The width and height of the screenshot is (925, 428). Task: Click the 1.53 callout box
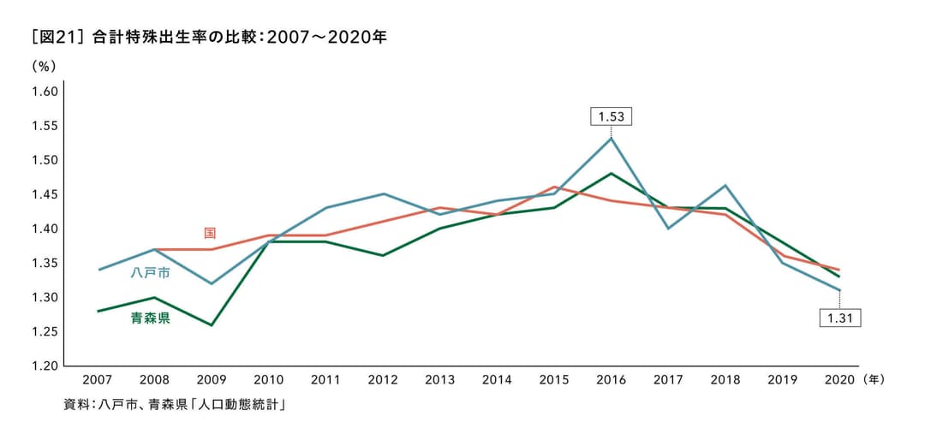pos(611,116)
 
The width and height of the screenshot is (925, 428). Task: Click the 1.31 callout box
pos(838,318)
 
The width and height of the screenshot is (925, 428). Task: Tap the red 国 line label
pos(210,233)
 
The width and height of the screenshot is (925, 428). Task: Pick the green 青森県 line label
pos(150,318)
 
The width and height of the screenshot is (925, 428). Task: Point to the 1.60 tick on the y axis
pos(44,92)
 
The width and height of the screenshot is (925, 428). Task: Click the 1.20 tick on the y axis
pos(44,366)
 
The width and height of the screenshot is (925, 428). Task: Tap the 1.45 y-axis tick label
pos(44,194)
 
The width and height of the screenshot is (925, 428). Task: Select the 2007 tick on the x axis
pos(98,379)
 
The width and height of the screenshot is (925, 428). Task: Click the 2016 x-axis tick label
pos(611,379)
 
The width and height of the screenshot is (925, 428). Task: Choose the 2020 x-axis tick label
pos(838,379)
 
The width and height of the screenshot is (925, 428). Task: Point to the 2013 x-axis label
pos(440,379)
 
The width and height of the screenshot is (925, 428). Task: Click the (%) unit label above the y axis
pos(43,66)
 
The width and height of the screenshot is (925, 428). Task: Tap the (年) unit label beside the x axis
pos(874,379)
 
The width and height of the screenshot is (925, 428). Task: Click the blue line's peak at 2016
pos(611,138)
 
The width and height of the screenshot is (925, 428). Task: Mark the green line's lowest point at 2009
pos(212,325)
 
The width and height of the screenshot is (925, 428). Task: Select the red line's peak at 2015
pos(554,187)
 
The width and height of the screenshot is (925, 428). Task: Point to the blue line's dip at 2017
pos(668,229)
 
